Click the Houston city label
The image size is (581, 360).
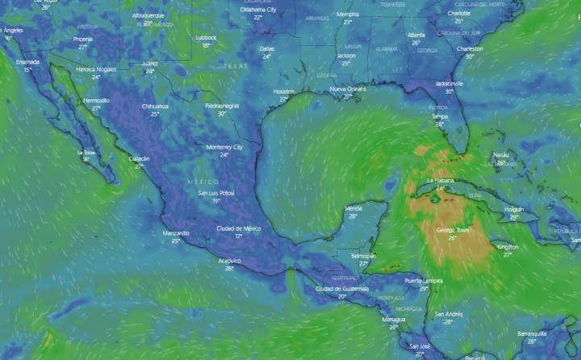pos(284,91)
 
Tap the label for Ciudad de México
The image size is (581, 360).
pos(240,228)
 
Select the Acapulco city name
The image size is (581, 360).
pos(230,261)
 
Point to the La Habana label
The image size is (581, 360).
pos(441,179)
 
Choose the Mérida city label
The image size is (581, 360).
pos(353,208)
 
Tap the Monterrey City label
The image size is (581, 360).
pos(225,147)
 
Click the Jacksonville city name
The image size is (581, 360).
pos(449,83)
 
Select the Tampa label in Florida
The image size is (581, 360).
pos(440,116)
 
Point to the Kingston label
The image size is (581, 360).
pos(508,246)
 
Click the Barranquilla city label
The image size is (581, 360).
pos(532,333)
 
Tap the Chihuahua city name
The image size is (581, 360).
pos(155,106)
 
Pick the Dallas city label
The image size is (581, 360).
pos(267,48)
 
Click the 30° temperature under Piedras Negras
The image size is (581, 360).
pos(221,114)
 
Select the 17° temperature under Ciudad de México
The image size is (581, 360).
pos(240,237)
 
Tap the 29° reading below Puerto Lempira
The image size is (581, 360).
pos(424,288)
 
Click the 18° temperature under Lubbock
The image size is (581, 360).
pos(206,45)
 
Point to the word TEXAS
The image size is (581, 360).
pos(235,65)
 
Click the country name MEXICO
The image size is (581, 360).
pos(203,182)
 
